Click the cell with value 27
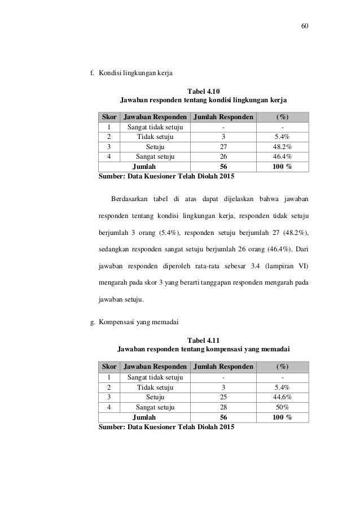point(223,147)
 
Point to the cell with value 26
point(223,156)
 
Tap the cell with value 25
point(223,397)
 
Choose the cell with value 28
point(223,407)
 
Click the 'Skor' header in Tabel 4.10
point(109,117)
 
